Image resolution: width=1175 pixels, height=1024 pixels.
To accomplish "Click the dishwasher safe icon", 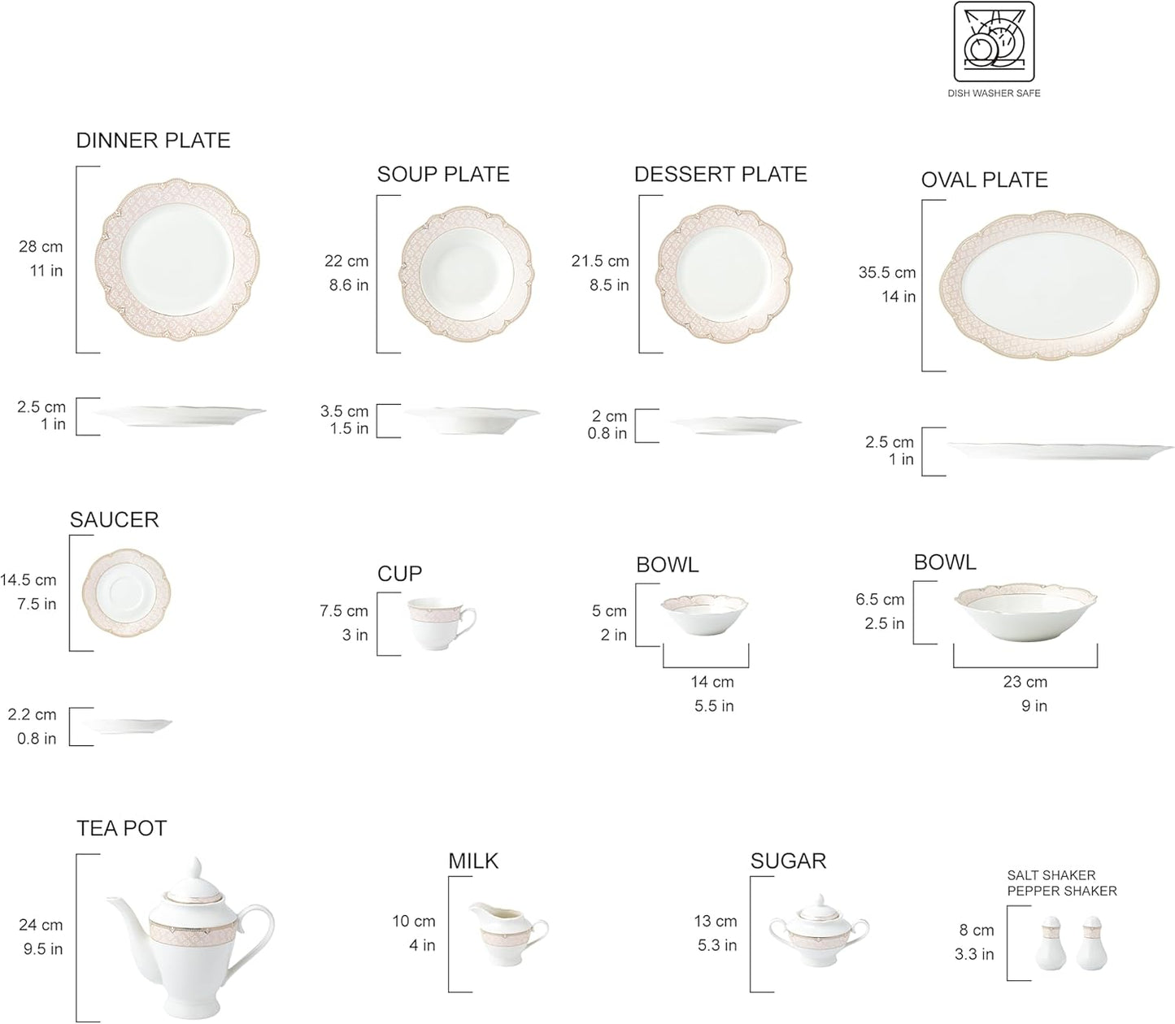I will [x=994, y=43].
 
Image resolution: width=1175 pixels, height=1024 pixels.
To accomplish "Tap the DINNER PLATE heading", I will [x=153, y=141].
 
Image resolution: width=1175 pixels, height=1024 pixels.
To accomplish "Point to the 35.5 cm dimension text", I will [x=887, y=273].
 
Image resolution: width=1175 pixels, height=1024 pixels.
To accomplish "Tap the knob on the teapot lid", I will [x=195, y=868].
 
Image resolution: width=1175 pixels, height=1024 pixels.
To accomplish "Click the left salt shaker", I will [x=1051, y=948].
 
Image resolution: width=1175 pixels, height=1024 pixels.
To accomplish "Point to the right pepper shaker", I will [x=1091, y=948].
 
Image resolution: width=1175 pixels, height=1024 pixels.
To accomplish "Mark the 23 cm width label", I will [x=1025, y=682].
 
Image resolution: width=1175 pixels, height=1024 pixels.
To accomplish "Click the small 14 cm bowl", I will [x=704, y=618].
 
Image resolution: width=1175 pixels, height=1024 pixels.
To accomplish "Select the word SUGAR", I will [x=788, y=861].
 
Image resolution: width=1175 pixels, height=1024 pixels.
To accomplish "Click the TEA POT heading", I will [x=121, y=829].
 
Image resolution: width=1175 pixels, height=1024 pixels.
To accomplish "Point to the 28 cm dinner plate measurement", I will [x=41, y=247].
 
